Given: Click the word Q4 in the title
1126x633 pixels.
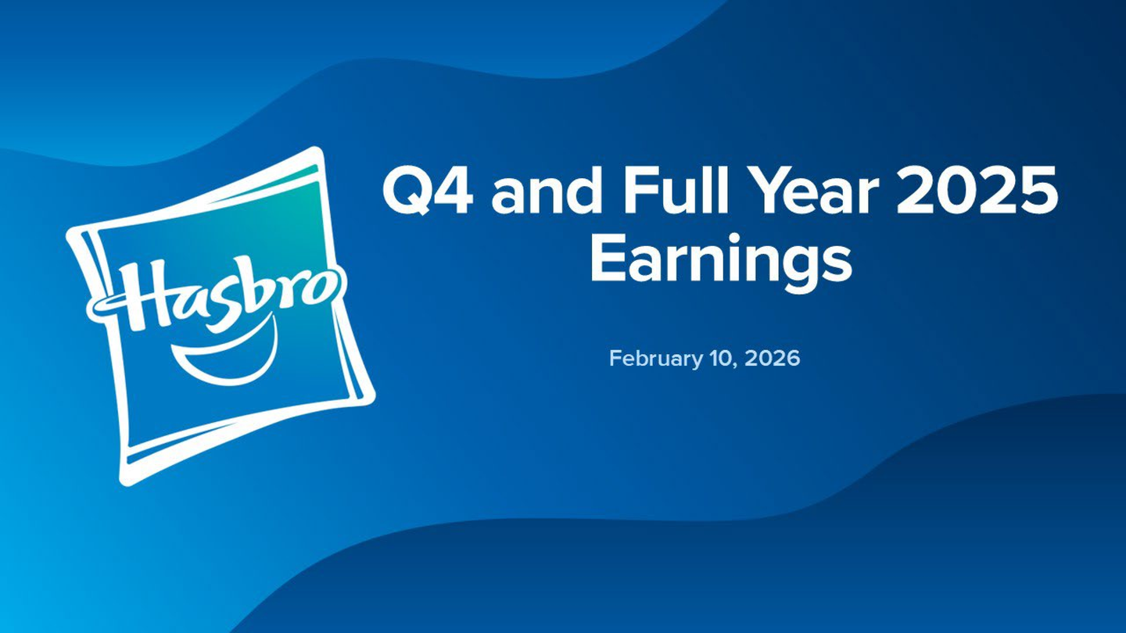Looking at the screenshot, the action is [428, 191].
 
